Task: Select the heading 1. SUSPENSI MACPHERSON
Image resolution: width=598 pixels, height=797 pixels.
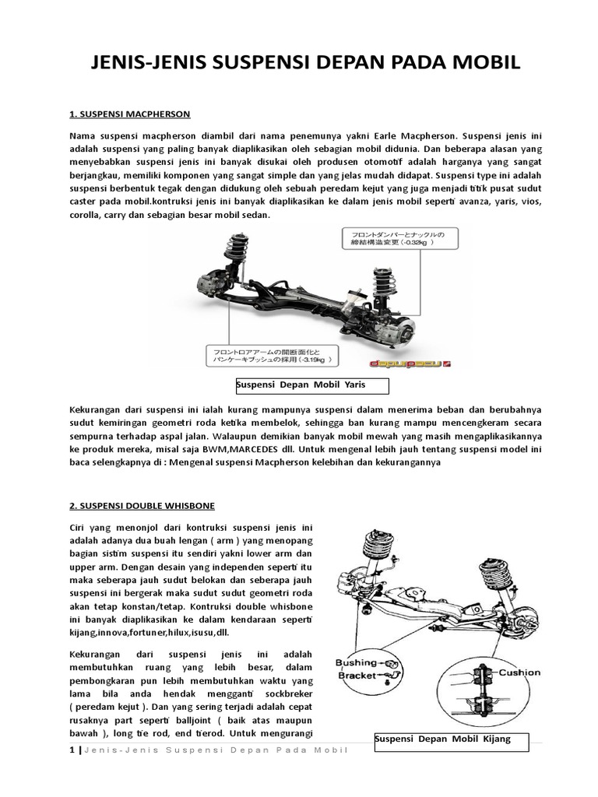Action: tap(130, 114)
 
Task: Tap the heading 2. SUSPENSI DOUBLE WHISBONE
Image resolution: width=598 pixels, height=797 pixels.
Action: tap(141, 505)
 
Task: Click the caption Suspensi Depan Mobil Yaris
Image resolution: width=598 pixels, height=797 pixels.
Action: tap(301, 385)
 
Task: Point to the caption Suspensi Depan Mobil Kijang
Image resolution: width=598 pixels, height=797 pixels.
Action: tap(442, 739)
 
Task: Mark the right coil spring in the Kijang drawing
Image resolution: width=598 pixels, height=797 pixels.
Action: tap(494, 574)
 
